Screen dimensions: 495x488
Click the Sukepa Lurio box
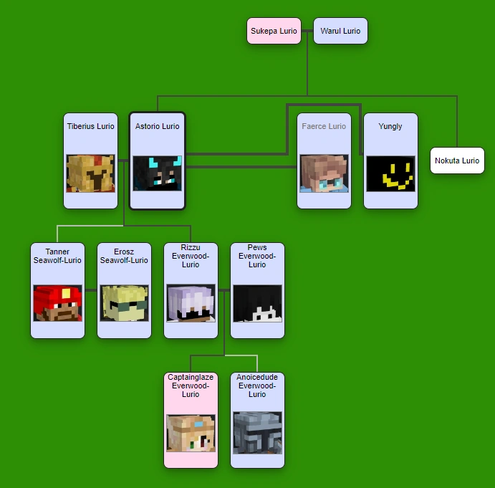[x=274, y=31]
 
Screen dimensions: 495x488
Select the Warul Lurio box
[x=340, y=31]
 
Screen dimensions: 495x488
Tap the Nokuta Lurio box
[x=457, y=161]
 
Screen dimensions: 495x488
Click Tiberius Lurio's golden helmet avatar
[x=90, y=173]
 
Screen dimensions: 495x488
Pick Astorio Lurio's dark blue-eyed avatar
[x=157, y=173]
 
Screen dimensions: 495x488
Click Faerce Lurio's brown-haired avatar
[x=324, y=173]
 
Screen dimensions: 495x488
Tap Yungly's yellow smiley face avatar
[x=390, y=173]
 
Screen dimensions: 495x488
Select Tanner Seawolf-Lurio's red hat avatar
[x=57, y=303]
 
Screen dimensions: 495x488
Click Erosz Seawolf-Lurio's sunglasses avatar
[x=124, y=303]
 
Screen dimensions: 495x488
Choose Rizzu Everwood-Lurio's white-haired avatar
[x=191, y=303]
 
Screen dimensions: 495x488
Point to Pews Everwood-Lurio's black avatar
[x=257, y=303]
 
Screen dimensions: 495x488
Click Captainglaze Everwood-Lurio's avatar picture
[x=191, y=433]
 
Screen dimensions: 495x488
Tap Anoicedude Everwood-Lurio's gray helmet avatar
[x=257, y=433]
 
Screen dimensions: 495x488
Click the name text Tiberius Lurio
[x=90, y=126]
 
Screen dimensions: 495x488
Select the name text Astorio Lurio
[x=157, y=126]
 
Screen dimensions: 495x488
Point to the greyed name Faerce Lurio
[x=324, y=126]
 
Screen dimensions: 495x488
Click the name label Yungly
[x=390, y=126]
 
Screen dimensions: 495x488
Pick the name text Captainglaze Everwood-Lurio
[x=191, y=386]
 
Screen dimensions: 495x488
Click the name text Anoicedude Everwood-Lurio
[x=257, y=386]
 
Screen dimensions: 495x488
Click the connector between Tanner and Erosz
[x=91, y=290]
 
